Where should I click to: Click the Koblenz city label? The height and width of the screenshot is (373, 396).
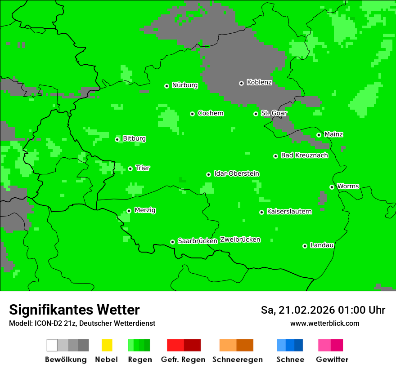point(259,83)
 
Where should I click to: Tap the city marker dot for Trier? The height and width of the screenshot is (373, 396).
point(130,169)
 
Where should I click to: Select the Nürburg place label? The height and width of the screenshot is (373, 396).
point(184,85)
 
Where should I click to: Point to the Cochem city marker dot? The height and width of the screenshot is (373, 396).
point(192,114)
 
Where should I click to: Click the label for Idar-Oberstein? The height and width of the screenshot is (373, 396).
point(237,174)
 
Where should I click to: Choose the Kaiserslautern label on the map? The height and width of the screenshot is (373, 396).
point(289,212)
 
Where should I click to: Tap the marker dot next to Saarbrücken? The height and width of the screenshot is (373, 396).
point(172,242)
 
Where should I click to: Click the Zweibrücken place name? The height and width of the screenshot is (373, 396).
point(240,240)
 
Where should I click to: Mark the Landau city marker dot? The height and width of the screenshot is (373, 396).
point(305,246)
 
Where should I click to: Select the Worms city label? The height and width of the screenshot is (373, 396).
point(348,186)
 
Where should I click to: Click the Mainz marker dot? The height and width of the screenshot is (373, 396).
point(319,135)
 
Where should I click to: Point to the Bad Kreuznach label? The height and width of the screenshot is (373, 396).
point(304,155)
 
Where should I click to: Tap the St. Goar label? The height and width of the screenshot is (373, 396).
point(274,113)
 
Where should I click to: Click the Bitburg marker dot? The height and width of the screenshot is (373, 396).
point(117,139)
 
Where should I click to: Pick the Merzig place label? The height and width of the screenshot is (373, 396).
point(145,210)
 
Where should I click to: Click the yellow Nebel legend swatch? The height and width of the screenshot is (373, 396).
point(107,345)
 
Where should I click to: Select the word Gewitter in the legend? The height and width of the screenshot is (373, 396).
point(332,360)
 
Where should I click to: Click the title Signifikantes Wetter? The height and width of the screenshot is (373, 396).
point(74,310)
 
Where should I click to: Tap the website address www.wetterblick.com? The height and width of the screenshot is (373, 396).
point(324,324)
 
